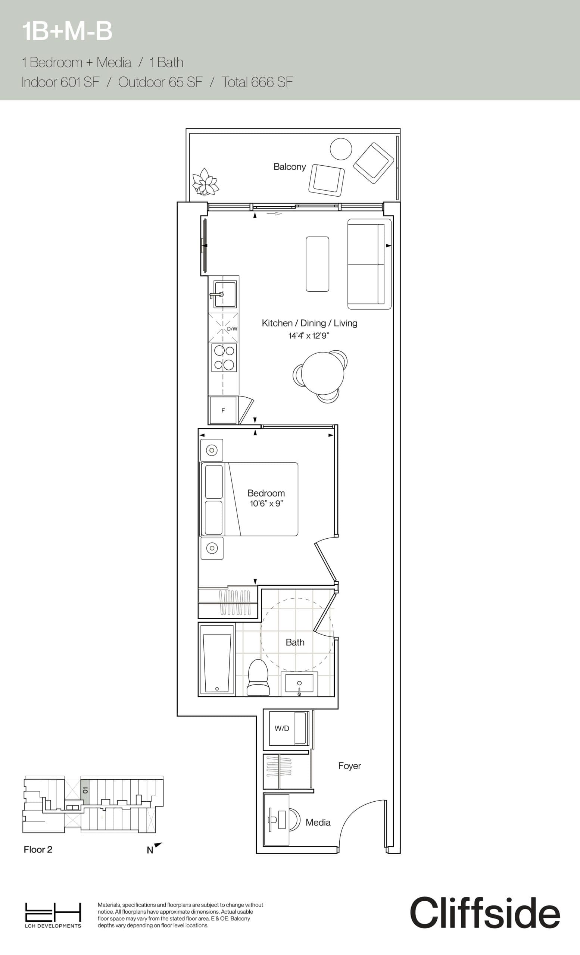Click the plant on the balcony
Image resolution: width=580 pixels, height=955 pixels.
point(206,181)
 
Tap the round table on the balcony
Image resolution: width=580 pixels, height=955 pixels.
point(341,149)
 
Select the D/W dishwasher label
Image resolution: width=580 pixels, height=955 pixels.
point(232,329)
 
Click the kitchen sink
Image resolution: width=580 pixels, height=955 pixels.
point(224,294)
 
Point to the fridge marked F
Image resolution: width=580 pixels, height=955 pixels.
point(222,410)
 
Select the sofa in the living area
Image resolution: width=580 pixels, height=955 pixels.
point(369,264)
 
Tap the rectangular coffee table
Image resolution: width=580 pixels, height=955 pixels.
point(317,264)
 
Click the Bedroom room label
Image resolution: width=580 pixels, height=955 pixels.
point(266,493)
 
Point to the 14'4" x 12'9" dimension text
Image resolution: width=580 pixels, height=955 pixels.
point(309,336)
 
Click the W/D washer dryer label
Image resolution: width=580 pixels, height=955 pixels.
point(282,728)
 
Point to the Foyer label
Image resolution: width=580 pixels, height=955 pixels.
point(349,766)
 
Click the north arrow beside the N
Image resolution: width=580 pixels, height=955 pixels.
point(158,845)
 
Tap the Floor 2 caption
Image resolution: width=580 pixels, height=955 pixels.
point(38,849)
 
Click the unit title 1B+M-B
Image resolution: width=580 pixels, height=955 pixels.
point(67,31)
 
